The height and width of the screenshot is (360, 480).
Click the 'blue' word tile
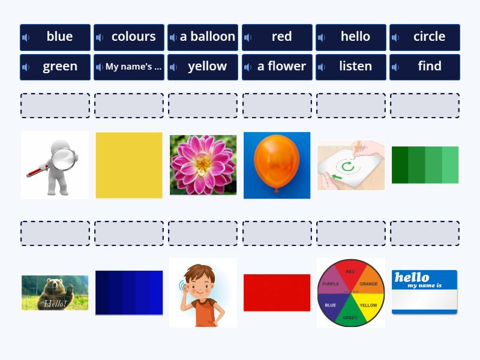click(55, 37)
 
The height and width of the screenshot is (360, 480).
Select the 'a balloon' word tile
click(203, 37)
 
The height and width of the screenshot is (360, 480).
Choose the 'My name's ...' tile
click(129, 67)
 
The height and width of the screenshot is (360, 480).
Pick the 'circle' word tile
click(425, 37)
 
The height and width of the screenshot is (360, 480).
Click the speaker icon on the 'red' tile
click(247, 37)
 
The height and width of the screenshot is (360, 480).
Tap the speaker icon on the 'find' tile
click(395, 67)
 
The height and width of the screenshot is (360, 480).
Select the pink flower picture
click(203, 164)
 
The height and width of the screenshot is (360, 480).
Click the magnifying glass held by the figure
click(62, 159)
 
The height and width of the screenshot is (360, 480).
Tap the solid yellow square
click(129, 165)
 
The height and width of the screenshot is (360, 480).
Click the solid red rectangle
click(277, 293)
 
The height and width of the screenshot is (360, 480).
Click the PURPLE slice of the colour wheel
click(332, 282)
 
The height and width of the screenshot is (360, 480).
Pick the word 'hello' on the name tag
click(412, 277)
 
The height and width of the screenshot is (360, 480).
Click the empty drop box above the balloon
click(277, 105)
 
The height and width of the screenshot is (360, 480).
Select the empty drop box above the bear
click(55, 233)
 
